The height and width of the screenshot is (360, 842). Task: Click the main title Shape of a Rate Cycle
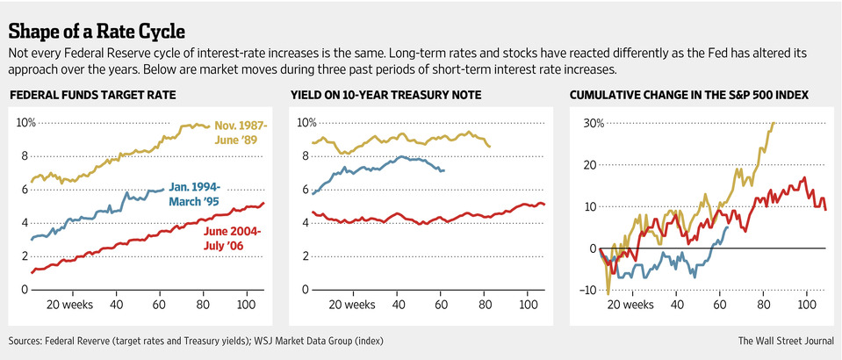pos(97,32)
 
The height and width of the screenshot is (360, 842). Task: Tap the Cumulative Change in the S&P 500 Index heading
pos(689,94)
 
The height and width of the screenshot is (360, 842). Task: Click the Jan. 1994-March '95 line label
pos(196,193)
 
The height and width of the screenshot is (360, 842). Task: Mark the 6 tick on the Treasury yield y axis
pos(305,190)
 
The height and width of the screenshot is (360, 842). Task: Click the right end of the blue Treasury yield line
pos(444,170)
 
